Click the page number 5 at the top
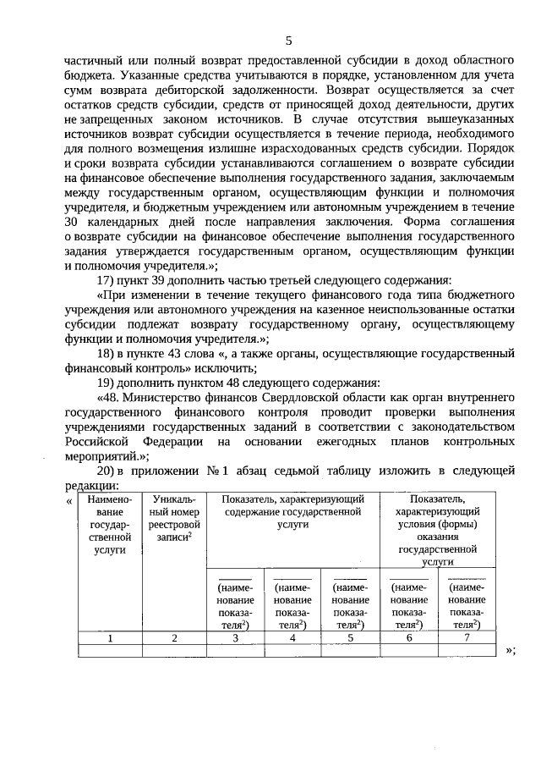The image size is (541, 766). click(288, 41)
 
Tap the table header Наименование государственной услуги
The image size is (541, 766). click(110, 525)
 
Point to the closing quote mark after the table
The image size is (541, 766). click(509, 650)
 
